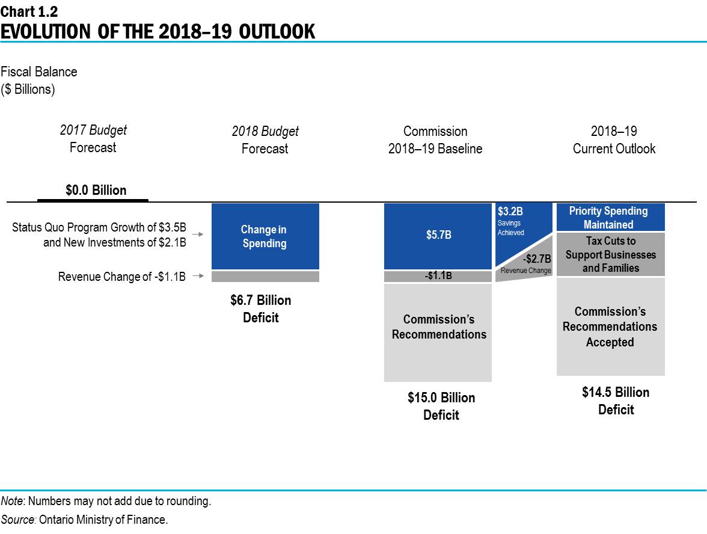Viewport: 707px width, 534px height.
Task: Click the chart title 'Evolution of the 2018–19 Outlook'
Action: pyautogui.click(x=158, y=31)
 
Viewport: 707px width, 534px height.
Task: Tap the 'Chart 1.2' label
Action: pyautogui.click(x=29, y=10)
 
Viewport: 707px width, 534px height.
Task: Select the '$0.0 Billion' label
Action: pyautogui.click(x=96, y=191)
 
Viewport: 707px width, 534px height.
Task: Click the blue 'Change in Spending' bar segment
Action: pyautogui.click(x=265, y=236)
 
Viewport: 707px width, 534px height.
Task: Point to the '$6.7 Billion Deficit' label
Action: pyautogui.click(x=260, y=308)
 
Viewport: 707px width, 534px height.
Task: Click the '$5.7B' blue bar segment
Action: pyautogui.click(x=438, y=235)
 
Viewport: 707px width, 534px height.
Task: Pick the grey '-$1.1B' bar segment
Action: pyautogui.click(x=438, y=277)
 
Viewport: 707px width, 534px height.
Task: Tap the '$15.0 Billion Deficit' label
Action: pyautogui.click(x=441, y=406)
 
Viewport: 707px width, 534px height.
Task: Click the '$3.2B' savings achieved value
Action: pyautogui.click(x=510, y=212)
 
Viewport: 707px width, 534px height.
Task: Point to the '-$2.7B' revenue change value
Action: pyautogui.click(x=536, y=259)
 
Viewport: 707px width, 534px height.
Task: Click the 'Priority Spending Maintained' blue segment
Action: pyautogui.click(x=610, y=218)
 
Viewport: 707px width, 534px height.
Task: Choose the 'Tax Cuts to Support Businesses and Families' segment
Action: pyautogui.click(x=610, y=254)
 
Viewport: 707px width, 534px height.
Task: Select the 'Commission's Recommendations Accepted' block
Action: pyautogui.click(x=610, y=327)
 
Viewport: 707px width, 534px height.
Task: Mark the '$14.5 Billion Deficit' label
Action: pyautogui.click(x=616, y=400)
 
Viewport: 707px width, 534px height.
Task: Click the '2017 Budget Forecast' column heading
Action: pyautogui.click(x=93, y=139)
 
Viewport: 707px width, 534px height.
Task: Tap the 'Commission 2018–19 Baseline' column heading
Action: pyautogui.click(x=435, y=140)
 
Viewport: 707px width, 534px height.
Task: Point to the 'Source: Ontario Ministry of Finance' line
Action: pyautogui.click(x=84, y=520)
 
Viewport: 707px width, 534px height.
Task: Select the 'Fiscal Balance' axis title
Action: pyautogui.click(x=39, y=72)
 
